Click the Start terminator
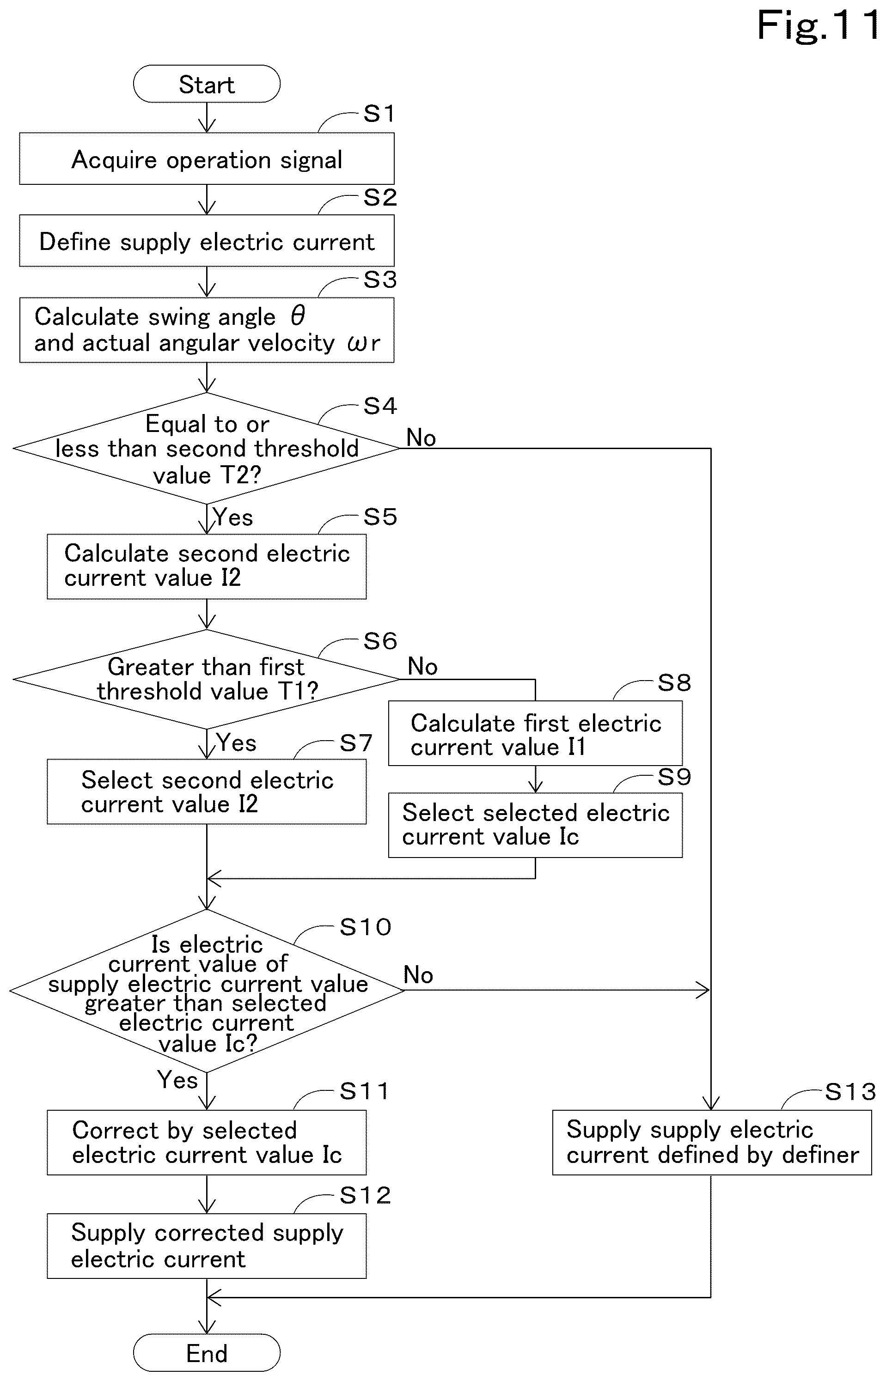pos(207,84)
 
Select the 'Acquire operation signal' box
pos(207,159)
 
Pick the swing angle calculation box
pos(207,329)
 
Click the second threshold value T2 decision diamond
pos(207,448)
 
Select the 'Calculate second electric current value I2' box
pos(207,566)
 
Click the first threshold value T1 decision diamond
pos(207,679)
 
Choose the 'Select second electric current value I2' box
pos(207,791)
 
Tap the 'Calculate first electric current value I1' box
pos(536,733)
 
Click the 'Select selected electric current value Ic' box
pos(536,825)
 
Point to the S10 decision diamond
pos(207,991)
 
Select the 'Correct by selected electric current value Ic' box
pos(207,1142)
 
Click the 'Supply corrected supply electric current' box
pos(207,1246)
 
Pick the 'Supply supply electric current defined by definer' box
pos(712,1142)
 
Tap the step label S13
pos(850,1091)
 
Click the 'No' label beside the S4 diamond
pos(421,438)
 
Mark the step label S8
pos(674,683)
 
